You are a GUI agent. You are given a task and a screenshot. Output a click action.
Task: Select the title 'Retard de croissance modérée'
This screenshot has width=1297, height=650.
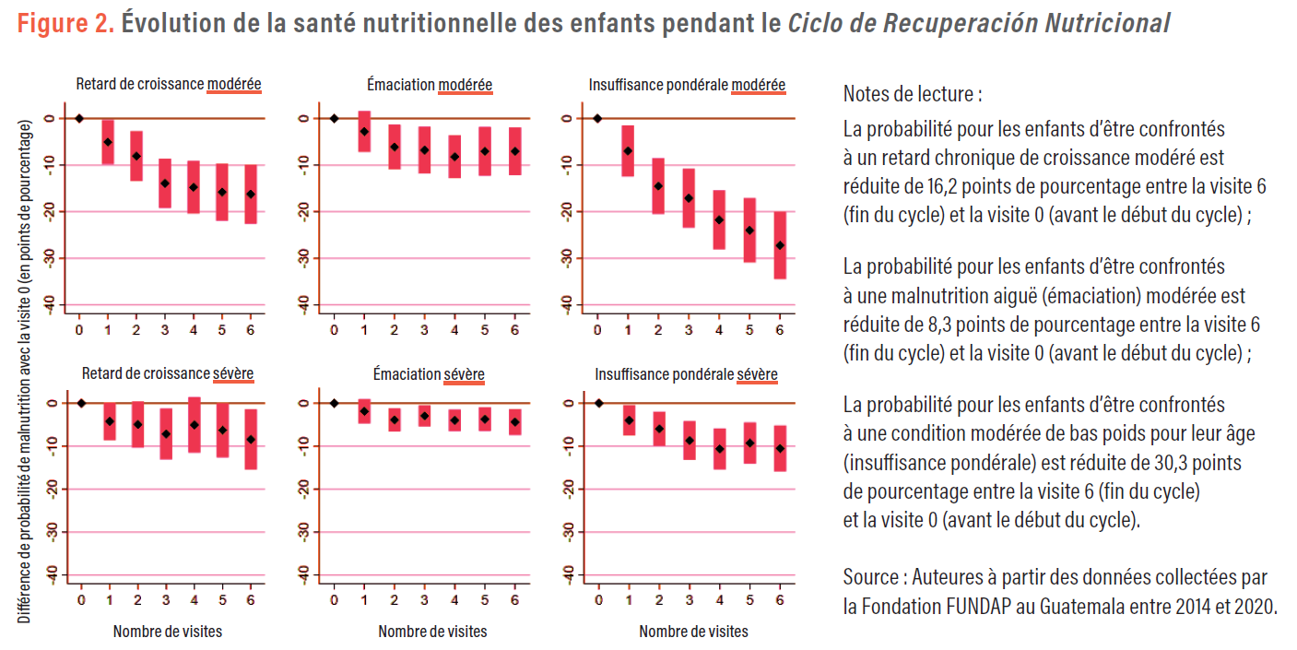coord(169,85)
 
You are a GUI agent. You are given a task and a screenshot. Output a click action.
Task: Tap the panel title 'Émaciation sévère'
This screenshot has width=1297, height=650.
coord(429,374)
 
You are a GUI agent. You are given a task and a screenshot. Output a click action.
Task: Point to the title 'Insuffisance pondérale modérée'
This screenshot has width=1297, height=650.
coord(687,85)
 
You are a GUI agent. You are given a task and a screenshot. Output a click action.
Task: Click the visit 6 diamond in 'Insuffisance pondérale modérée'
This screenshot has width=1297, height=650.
coord(780,245)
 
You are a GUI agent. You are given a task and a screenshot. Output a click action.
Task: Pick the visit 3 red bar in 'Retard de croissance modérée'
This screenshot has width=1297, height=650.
coord(165,183)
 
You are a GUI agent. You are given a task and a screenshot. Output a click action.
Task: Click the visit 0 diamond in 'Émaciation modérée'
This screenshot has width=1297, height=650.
coord(335,118)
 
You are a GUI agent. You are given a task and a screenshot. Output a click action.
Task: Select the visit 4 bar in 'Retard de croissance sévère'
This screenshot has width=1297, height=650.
coord(194,425)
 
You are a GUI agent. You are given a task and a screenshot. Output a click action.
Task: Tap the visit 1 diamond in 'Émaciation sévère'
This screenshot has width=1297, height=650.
coord(364,411)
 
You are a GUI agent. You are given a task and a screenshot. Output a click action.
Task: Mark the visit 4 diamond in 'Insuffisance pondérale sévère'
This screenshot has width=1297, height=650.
coord(720,449)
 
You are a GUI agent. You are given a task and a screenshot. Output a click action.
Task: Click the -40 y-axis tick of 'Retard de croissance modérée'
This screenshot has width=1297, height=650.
coord(47,304)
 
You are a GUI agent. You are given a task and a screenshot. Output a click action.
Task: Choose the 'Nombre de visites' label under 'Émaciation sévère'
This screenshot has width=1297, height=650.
coord(432,632)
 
